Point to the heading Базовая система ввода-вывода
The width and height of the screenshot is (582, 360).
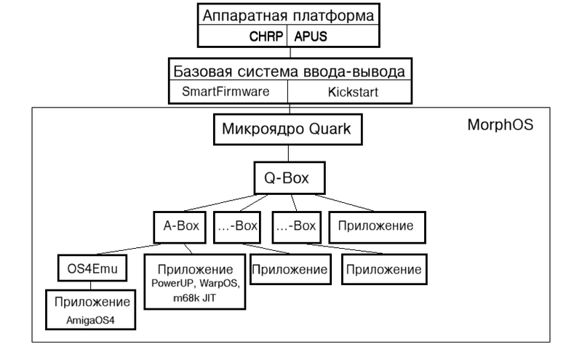coord(288,71)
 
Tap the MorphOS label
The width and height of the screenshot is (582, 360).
coord(500,124)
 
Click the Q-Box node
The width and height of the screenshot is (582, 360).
coord(288,177)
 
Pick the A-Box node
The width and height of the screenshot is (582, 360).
coord(180,226)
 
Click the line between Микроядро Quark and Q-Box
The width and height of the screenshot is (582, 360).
coord(288,154)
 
